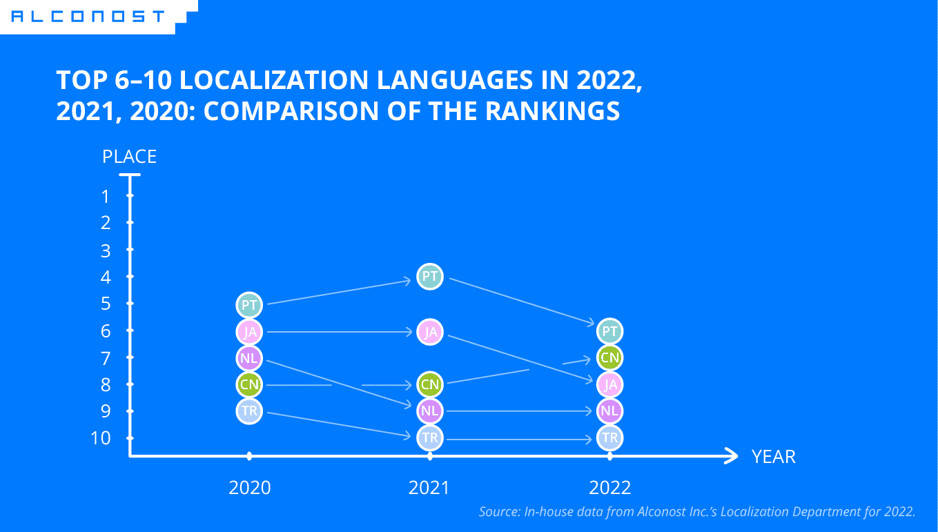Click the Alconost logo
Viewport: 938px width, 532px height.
pos(88,16)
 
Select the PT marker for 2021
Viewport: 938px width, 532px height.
pos(429,277)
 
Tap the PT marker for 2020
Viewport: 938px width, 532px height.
pos(249,304)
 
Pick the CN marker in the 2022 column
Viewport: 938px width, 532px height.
pos(609,357)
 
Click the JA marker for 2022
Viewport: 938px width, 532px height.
pos(609,384)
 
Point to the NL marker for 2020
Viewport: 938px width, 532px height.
pos(249,357)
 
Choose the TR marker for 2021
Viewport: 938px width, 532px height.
pos(429,437)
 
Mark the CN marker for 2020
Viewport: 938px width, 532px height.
pos(249,384)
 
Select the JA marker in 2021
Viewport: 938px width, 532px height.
pos(429,332)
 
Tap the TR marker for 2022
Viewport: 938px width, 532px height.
pos(609,437)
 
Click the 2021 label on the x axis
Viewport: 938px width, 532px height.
pos(429,488)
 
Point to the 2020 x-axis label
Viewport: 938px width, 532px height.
pos(249,488)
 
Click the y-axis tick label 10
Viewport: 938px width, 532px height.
pos(101,438)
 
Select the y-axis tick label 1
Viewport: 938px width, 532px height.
pos(105,197)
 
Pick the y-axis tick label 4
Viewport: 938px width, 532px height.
pos(105,277)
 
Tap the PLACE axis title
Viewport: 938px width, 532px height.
pos(129,157)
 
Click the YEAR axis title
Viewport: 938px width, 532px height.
pos(773,457)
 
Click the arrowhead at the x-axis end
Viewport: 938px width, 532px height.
pos(731,455)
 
